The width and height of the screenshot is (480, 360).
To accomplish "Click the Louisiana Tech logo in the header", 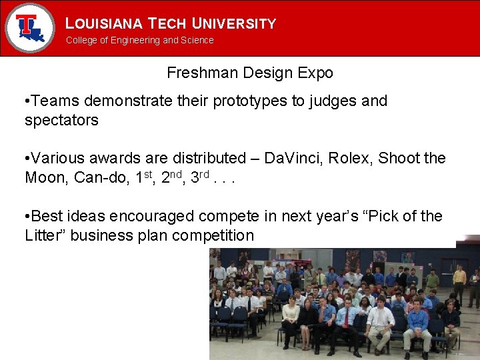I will point(29,27).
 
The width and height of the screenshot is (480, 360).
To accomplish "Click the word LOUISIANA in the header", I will point(104,24).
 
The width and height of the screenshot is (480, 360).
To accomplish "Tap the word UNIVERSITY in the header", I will point(233,24).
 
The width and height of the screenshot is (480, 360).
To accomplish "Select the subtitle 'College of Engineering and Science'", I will point(139,40).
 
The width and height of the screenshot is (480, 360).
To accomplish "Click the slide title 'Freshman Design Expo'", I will point(249,73).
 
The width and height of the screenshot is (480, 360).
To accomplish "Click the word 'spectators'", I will point(61,121).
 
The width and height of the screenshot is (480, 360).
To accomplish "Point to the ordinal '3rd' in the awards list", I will point(201,177).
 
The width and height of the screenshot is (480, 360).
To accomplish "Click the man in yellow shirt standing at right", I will point(459,280).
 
